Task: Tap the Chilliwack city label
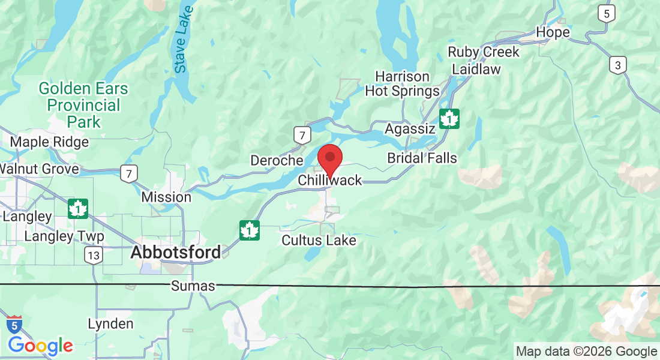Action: pyautogui.click(x=330, y=181)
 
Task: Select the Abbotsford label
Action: pyautogui.click(x=175, y=253)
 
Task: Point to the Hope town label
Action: pyautogui.click(x=553, y=32)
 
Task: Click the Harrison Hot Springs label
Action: pyautogui.click(x=403, y=84)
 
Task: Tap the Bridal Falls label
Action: pyautogui.click(x=422, y=158)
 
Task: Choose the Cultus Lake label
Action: pyautogui.click(x=319, y=241)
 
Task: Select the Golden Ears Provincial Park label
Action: pyautogui.click(x=83, y=106)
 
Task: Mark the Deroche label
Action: pyautogui.click(x=277, y=160)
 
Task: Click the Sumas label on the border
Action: pyautogui.click(x=193, y=286)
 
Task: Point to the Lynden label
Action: pyautogui.click(x=110, y=324)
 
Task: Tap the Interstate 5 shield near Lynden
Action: pyautogui.click(x=14, y=325)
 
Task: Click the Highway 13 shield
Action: pyautogui.click(x=93, y=256)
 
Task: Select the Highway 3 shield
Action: pyautogui.click(x=617, y=65)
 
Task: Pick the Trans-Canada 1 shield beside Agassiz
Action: pyautogui.click(x=449, y=118)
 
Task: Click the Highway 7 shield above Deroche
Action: pyautogui.click(x=302, y=135)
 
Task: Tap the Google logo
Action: pyautogui.click(x=40, y=346)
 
